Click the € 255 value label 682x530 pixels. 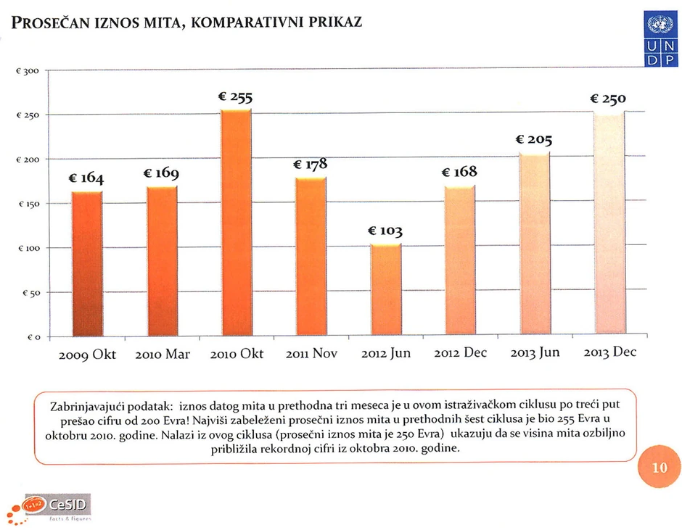click(235, 98)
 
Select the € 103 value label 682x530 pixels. click(385, 231)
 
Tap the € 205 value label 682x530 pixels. click(533, 138)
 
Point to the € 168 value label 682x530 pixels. click(459, 172)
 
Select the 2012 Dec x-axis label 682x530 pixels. click(460, 353)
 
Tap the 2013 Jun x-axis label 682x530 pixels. click(535, 353)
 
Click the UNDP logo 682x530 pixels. click(660, 40)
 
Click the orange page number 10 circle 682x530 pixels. click(659, 468)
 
